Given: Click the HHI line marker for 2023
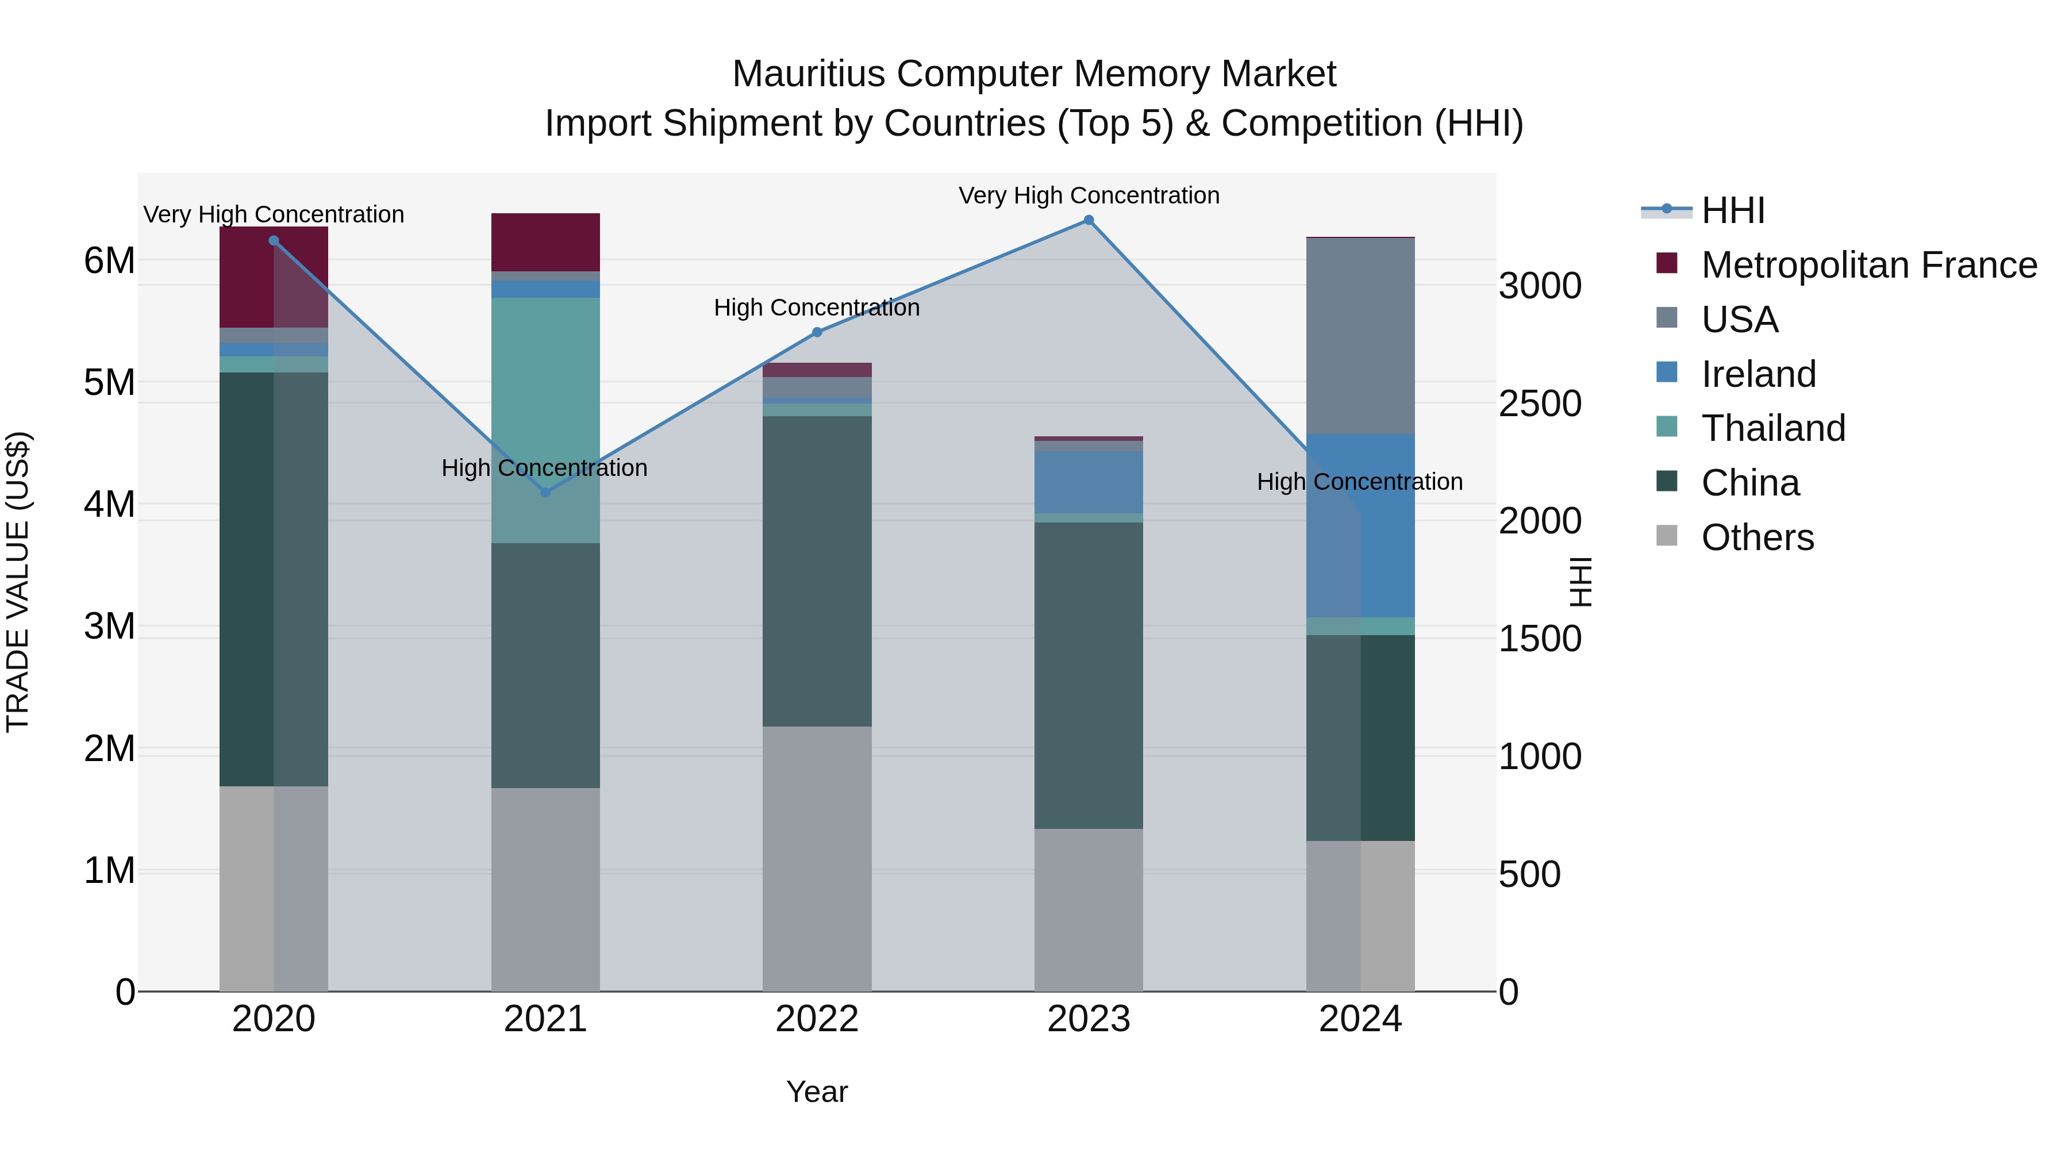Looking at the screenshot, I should [1089, 220].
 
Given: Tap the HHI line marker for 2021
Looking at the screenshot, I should [545, 493].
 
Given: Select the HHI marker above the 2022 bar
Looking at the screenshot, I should [817, 332].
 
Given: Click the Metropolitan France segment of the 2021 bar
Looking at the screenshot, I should [545, 242].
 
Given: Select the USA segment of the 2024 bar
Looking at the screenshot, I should [1360, 336].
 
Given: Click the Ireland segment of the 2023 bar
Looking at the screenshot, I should [1089, 482].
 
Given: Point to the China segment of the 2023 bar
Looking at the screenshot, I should [1089, 675].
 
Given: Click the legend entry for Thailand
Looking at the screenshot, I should [1772, 428].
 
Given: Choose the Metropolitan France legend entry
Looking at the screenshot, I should [1868, 265].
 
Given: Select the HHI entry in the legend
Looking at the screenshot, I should [1732, 210].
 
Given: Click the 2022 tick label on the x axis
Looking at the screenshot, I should [817, 1019].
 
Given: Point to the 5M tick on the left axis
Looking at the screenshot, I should [109, 382].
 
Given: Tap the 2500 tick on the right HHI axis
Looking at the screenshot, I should [1540, 404].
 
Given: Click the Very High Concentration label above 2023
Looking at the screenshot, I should [1089, 195].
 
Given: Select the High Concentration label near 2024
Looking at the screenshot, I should [1359, 482].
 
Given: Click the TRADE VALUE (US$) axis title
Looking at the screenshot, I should [18, 582].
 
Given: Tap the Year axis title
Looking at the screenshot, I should [817, 1092].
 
